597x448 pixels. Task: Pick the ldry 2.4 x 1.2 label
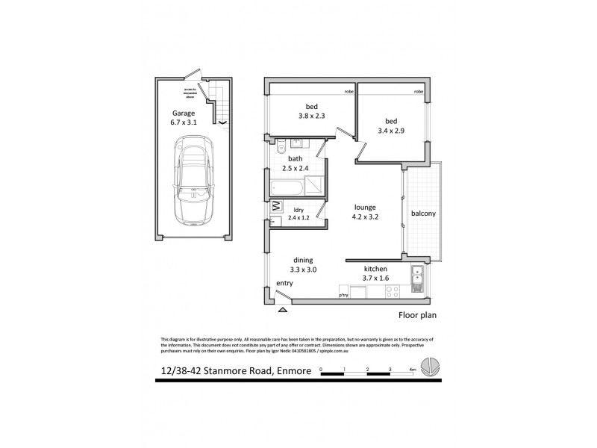coord(298,214)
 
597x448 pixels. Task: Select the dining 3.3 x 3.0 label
coord(304,266)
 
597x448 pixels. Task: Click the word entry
coord(284,284)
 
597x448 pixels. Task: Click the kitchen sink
coord(417,283)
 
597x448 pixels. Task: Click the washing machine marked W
coord(275,205)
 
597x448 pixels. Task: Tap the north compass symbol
coord(430,367)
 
